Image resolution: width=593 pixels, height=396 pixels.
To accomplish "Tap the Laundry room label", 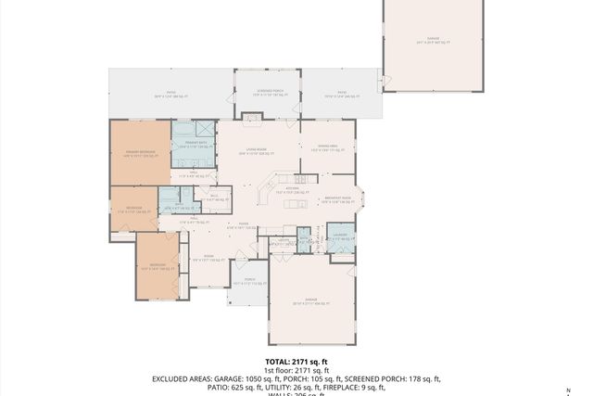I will (x=340, y=236).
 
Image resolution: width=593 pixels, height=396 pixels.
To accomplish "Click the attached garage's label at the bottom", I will (x=309, y=302).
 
